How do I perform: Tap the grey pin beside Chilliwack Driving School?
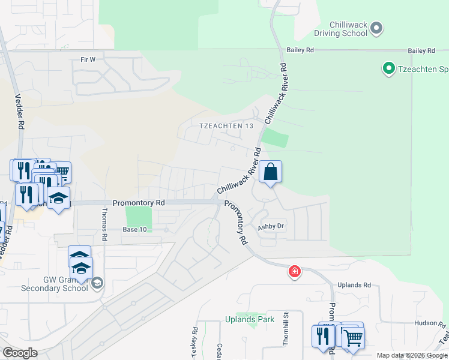point(377,28)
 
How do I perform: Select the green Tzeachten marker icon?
point(388,69)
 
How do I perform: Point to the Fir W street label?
point(88,59)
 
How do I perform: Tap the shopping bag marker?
point(271,172)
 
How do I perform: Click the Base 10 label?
point(134,230)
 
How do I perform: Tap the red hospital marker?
point(295,271)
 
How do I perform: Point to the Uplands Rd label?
point(354,285)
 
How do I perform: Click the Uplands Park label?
point(250,319)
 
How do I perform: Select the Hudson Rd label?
point(430,323)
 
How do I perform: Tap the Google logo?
point(20,352)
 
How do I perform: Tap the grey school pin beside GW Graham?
point(97,283)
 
